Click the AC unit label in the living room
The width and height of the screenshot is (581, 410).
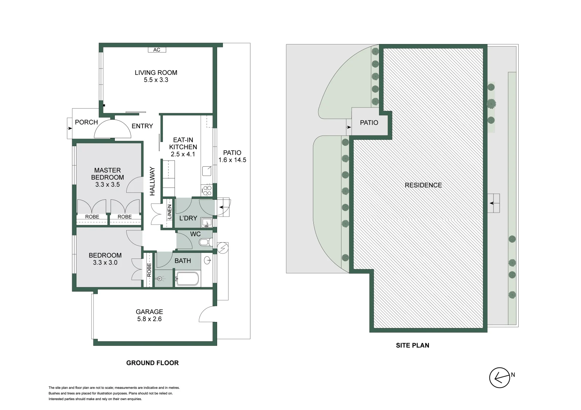(157, 50)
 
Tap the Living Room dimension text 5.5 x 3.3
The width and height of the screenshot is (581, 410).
(156, 80)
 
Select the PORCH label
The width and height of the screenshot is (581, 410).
(86, 122)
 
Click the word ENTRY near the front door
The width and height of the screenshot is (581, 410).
(142, 126)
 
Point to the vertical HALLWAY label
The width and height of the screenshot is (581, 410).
(152, 181)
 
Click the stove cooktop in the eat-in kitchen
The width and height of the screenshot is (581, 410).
(207, 190)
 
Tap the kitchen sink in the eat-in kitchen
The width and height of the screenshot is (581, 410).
(207, 171)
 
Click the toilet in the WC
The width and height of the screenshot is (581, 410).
(205, 242)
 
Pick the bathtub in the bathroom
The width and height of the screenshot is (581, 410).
(187, 279)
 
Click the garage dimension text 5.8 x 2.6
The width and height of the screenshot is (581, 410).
(149, 319)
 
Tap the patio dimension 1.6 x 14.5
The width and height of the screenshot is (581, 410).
(232, 160)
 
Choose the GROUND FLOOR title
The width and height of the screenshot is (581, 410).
(152, 363)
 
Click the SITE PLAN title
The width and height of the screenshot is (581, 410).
(413, 345)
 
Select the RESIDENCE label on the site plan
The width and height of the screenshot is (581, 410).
(423, 185)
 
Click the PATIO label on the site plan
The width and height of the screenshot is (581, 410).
(369, 123)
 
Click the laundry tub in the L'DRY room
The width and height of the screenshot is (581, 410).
(206, 222)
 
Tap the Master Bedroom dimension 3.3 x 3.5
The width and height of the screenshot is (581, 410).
(107, 184)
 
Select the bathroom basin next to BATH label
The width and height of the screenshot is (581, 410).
(207, 260)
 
